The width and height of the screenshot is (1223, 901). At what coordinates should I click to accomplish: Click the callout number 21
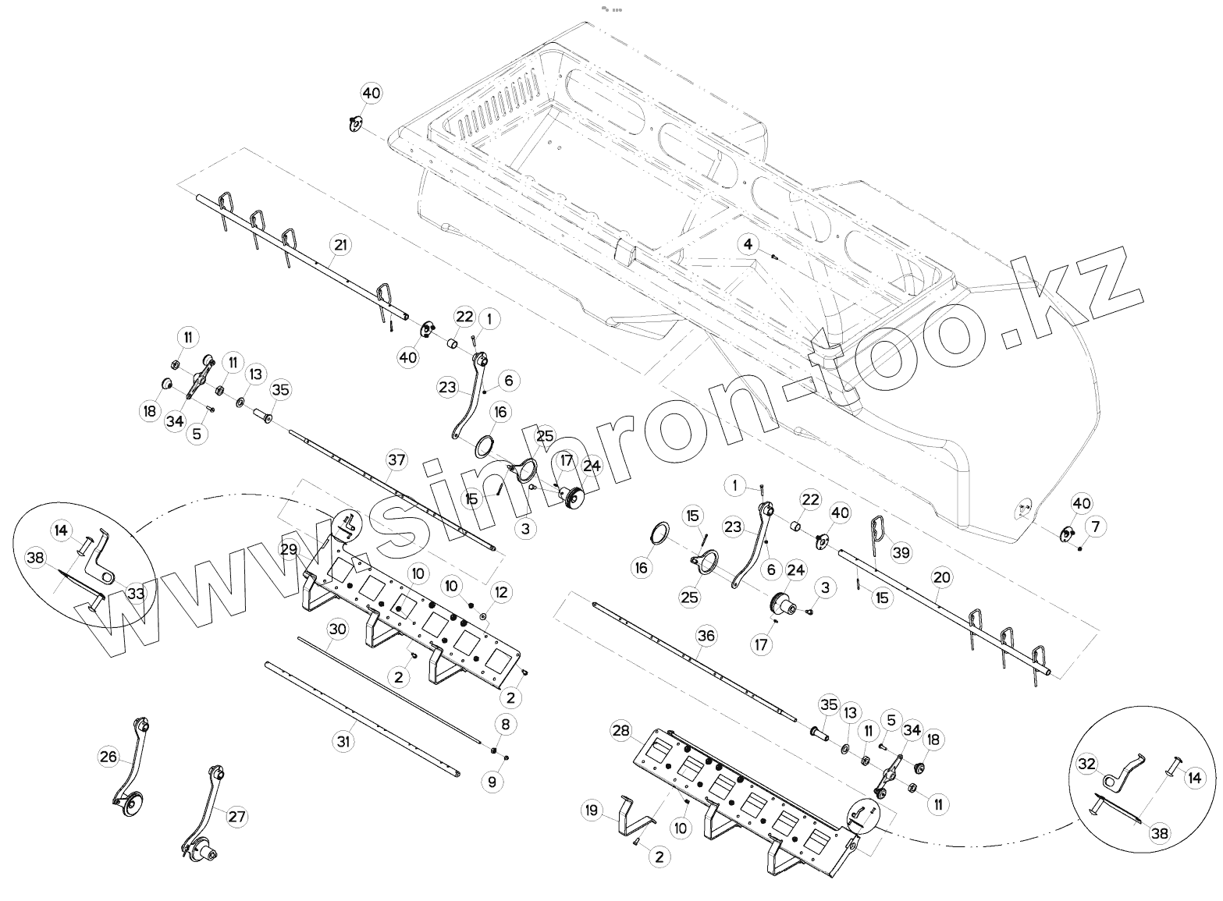[340, 244]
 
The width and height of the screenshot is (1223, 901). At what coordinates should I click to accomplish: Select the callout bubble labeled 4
[748, 244]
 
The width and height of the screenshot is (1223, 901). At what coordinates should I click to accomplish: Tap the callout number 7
[1095, 528]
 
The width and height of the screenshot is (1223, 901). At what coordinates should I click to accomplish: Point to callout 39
[901, 553]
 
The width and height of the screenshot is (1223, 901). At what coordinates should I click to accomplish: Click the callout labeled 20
[942, 577]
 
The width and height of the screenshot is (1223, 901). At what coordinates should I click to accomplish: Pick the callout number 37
[396, 460]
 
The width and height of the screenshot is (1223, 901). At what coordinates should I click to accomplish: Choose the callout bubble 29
[290, 549]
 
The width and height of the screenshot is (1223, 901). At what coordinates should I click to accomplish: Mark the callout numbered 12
[501, 593]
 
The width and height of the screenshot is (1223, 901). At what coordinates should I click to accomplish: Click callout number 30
[336, 628]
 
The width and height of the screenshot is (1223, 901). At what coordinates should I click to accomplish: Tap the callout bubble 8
[506, 725]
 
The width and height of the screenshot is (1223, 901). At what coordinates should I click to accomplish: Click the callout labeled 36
[706, 636]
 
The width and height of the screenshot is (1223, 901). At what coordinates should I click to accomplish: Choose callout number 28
[620, 731]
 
